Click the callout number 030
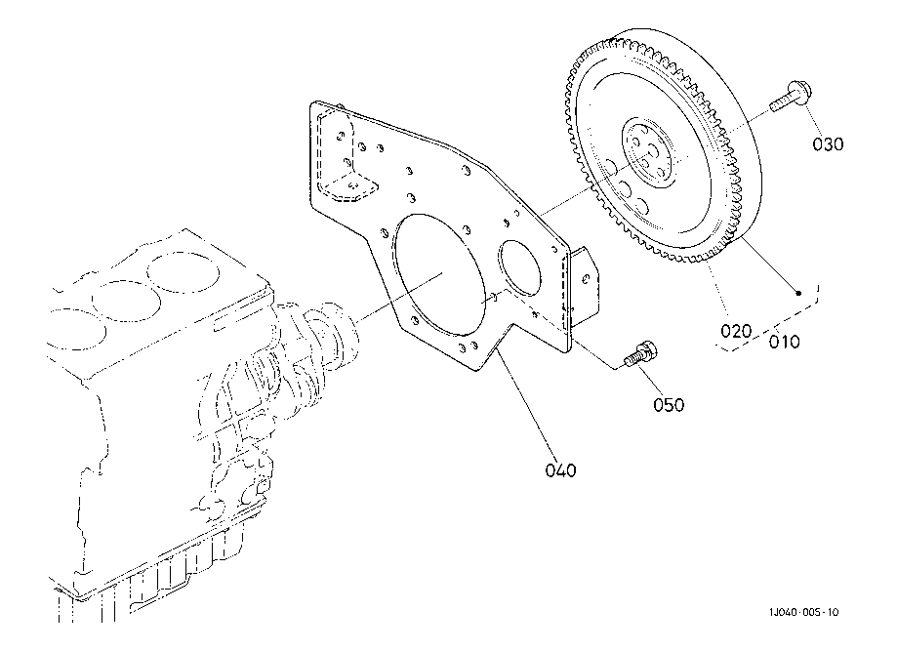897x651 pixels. point(828,143)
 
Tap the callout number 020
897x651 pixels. point(736,331)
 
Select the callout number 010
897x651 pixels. point(785,342)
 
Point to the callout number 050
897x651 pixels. point(669,404)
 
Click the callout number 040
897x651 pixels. point(560,470)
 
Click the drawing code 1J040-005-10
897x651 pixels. point(803,612)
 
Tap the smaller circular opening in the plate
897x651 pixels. point(519,268)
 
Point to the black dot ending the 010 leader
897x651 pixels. point(798,294)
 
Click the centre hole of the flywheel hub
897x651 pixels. point(653,150)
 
